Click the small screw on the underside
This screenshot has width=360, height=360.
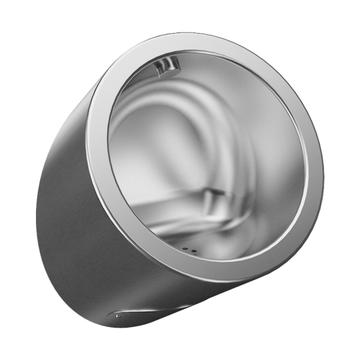click(118, 316)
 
